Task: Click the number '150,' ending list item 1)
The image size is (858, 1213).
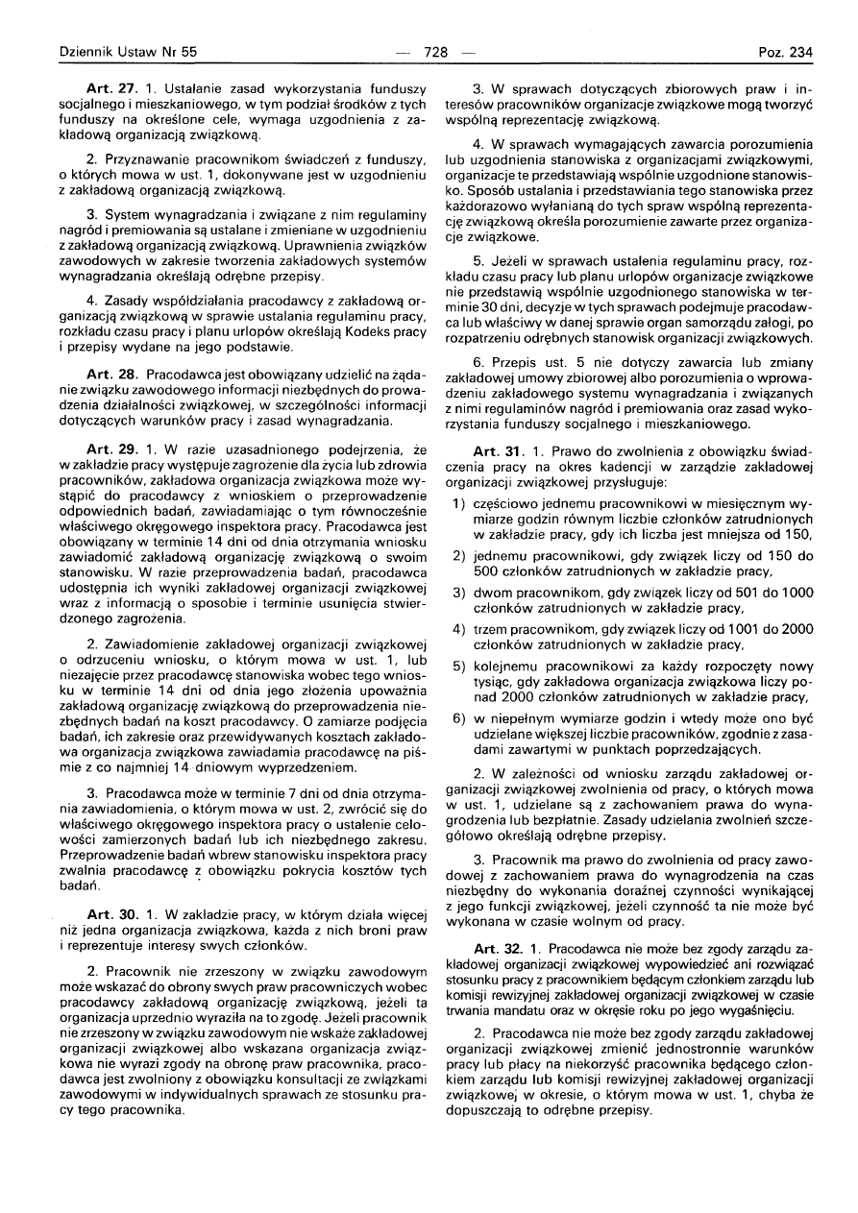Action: coord(797,533)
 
